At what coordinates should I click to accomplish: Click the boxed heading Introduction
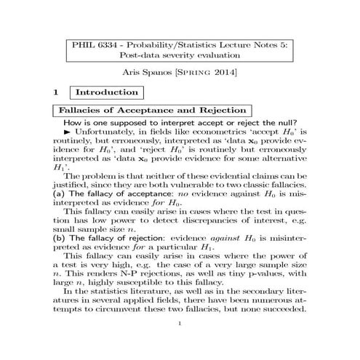click(107, 93)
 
